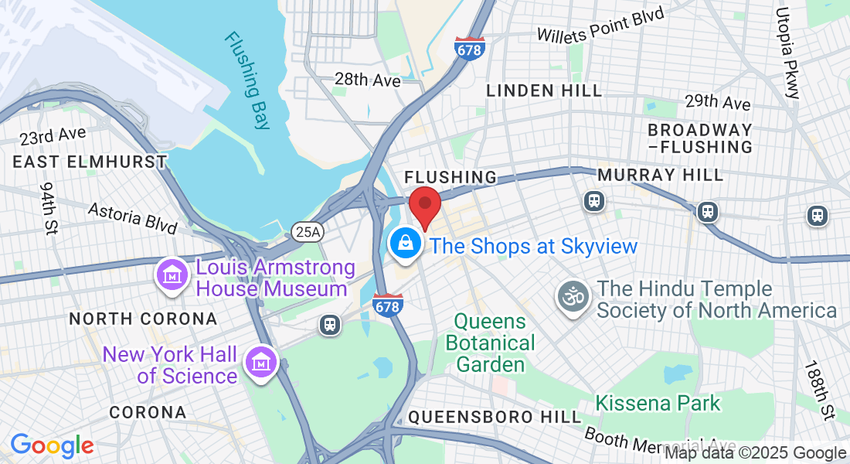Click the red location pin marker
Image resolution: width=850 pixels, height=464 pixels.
424,204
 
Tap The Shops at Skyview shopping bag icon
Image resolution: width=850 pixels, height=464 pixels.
405,245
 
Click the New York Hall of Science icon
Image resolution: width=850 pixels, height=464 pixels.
261,362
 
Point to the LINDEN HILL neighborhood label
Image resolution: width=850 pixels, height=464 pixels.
544,90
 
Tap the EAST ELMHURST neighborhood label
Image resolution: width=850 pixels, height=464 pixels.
90,162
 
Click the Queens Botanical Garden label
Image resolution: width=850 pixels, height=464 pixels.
495,342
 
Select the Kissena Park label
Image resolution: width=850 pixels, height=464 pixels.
658,403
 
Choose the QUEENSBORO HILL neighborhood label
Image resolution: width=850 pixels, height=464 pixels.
495,417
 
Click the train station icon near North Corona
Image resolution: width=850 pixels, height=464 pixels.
330,325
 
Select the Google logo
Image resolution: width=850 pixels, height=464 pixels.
52,446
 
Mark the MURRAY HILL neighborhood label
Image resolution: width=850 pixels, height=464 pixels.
660,176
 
